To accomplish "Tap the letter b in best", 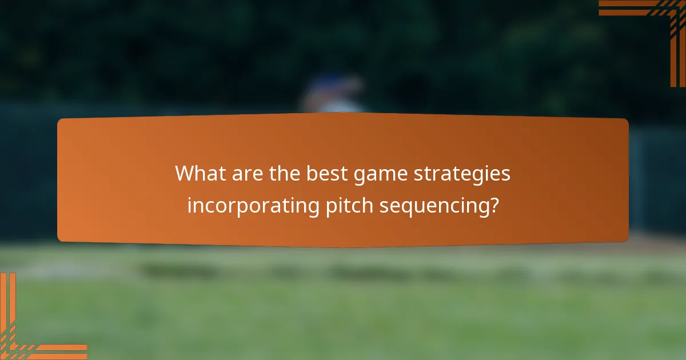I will (x=312, y=173).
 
